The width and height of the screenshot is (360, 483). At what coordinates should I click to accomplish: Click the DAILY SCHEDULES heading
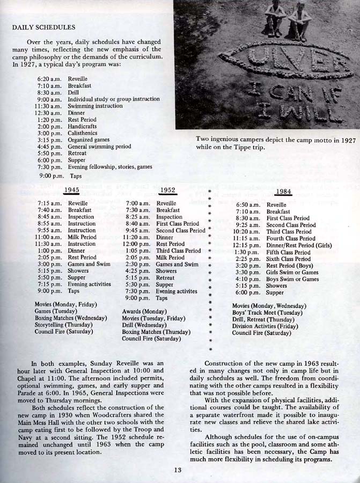point(43,27)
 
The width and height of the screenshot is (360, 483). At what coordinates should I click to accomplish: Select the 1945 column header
point(71,190)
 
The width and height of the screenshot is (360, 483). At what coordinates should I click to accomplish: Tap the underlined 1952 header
point(168,190)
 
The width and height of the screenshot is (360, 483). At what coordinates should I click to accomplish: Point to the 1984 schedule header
point(284,192)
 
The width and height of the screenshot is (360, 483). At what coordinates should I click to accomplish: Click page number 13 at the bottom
point(178,471)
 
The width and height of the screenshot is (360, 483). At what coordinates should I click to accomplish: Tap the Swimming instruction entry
point(95,106)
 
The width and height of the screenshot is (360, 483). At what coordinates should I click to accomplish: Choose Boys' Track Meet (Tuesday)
point(263,312)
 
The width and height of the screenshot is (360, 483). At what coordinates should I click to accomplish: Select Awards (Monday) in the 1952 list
point(144,311)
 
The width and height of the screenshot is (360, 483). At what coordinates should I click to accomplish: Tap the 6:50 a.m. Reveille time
point(247,204)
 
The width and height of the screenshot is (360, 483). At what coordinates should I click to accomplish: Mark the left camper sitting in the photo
point(275,19)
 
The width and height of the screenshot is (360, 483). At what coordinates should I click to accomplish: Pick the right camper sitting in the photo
point(299,20)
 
